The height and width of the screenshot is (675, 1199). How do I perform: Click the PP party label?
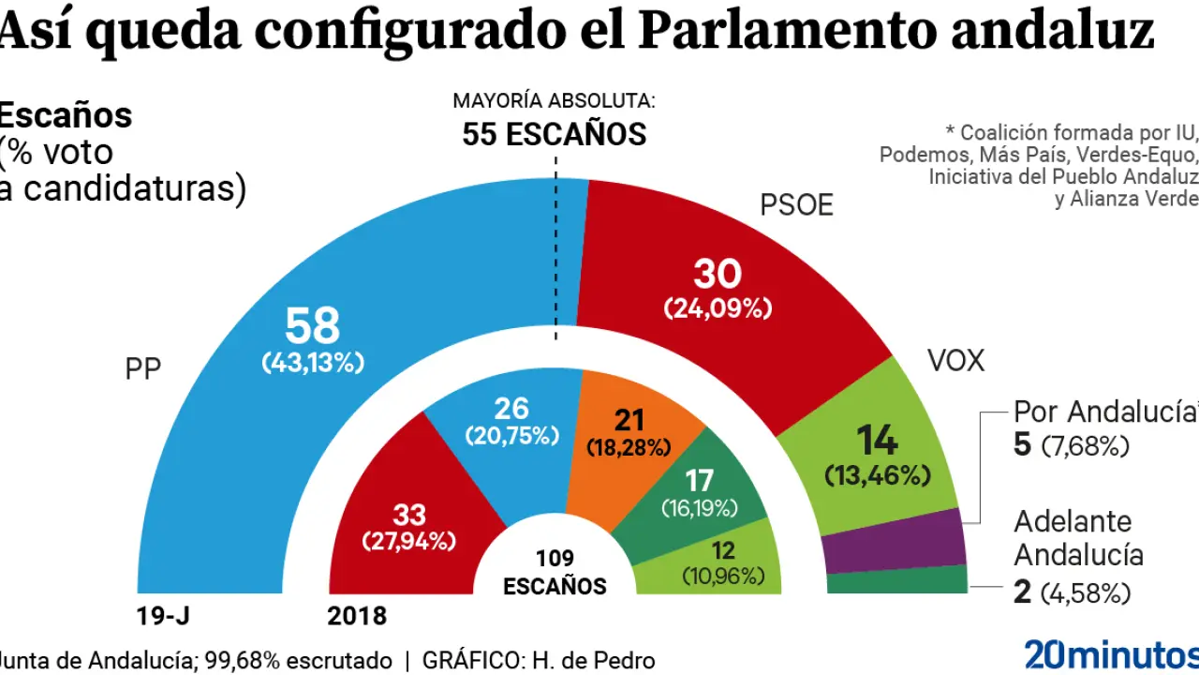tap(143, 368)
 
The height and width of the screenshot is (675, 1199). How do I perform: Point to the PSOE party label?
tap(796, 205)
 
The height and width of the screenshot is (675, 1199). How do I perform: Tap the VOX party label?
tap(955, 360)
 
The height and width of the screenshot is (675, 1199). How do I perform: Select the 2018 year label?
tap(357, 615)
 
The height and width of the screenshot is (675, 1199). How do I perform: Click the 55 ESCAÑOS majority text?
tap(554, 135)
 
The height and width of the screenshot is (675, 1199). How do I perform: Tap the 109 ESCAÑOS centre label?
tap(555, 573)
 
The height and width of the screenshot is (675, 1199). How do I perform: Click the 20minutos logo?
tap(1110, 653)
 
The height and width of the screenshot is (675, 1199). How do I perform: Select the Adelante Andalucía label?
tap(1078, 538)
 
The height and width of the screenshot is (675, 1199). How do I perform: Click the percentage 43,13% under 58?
tap(312, 363)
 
